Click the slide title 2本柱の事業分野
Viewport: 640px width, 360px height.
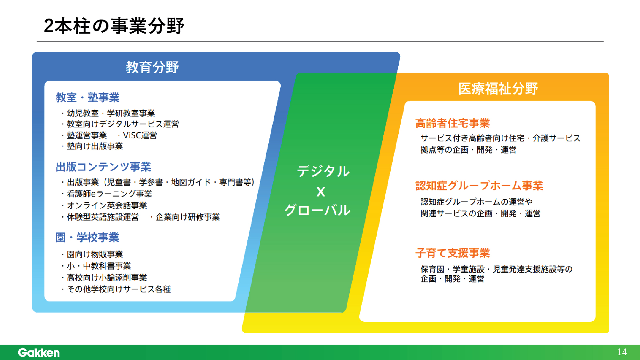pos(114,26)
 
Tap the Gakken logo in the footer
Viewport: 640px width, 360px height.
pos(39,352)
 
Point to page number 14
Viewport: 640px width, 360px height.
pos(622,352)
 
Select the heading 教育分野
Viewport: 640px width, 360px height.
pos(152,67)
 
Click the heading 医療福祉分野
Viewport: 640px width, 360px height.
pos(498,89)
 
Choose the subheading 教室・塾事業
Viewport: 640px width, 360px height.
pos(88,97)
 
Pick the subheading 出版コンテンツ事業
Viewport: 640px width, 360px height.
pos(103,167)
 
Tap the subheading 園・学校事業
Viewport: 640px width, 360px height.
pos(87,237)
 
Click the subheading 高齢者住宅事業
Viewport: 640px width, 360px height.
pos(452,123)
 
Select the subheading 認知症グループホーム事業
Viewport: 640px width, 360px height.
pos(479,186)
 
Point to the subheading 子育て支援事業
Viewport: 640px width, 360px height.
pos(452,253)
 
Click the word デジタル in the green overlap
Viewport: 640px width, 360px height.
pos(323,171)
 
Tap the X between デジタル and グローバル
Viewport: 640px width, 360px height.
pos(321,192)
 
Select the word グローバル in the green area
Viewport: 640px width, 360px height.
pos(317,210)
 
